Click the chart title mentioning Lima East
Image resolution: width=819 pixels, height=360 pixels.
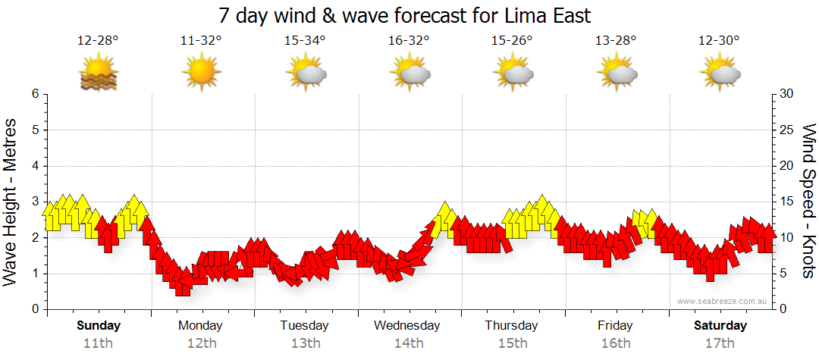[404, 16]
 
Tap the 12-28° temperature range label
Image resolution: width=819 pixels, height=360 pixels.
[98, 41]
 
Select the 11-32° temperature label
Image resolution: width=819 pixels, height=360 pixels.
[201, 41]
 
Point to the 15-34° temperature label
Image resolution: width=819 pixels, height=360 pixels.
[305, 41]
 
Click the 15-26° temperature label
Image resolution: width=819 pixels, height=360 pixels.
[512, 41]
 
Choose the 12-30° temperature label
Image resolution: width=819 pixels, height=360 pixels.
[720, 41]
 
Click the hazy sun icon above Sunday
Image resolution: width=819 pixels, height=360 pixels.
[99, 74]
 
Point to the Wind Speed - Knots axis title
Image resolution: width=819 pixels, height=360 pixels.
[807, 201]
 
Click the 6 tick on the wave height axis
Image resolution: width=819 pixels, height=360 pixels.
[35, 94]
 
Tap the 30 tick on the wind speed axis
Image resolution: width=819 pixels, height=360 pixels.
[787, 94]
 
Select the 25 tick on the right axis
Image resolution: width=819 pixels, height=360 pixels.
[787, 130]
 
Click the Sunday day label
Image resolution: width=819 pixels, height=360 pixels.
[98, 326]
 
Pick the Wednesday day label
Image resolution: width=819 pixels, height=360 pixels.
[407, 326]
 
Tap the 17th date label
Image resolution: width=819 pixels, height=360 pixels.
[720, 343]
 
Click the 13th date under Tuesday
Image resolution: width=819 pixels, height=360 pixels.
[305, 343]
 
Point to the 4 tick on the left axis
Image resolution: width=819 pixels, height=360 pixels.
[35, 166]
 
